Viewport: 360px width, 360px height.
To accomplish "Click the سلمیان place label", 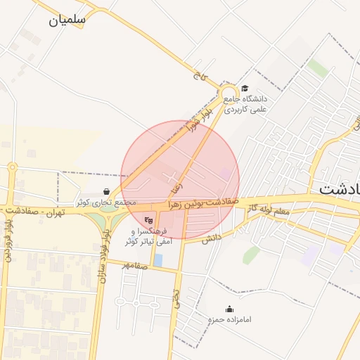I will [x=67, y=20].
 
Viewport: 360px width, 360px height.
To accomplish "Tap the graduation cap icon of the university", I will [x=245, y=88].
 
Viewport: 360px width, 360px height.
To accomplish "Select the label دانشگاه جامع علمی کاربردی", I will [x=246, y=104].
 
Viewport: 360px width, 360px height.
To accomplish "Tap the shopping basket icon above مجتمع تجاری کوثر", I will [x=106, y=191].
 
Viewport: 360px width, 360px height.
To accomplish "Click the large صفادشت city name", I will [x=340, y=188].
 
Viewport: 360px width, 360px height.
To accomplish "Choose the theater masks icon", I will [x=148, y=220].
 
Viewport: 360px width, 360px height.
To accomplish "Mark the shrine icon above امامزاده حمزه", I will [x=229, y=309].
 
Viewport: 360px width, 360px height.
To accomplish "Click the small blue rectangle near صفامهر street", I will [x=157, y=260].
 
